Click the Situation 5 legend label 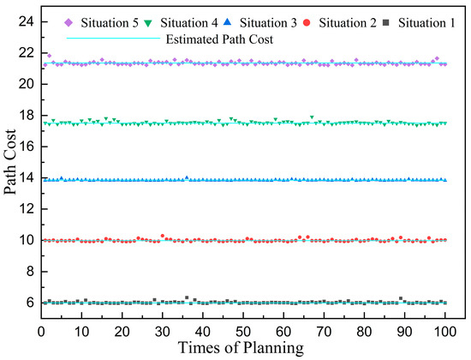click(110, 22)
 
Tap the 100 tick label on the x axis click(444, 328)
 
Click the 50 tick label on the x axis click(242, 328)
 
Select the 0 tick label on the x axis click(41, 328)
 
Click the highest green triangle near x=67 click(312, 117)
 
